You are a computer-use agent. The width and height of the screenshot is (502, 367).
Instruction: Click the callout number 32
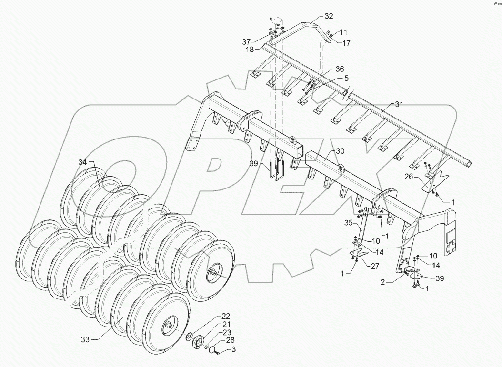pyautogui.click(x=329, y=16)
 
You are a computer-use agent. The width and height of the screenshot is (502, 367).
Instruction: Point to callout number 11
pyautogui.click(x=343, y=32)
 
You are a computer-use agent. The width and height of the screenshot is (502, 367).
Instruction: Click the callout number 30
pyautogui.click(x=339, y=150)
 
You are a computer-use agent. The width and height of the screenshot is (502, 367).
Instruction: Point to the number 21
pyautogui.click(x=225, y=324)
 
